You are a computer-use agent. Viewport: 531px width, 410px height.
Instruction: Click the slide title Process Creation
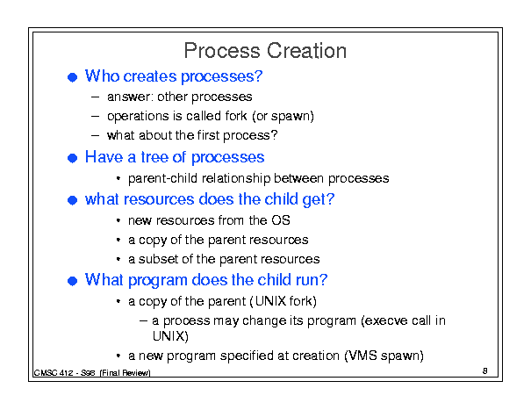[265, 51]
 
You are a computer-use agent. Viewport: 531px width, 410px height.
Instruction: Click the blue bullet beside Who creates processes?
[73, 77]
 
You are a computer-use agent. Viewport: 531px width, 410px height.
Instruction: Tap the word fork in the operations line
[236, 116]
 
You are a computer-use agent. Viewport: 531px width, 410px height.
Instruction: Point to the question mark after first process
[274, 135]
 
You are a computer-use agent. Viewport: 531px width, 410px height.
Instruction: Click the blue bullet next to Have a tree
[73, 158]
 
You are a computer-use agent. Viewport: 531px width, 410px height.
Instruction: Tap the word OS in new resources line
[280, 220]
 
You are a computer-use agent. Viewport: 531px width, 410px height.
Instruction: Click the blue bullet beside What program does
[73, 281]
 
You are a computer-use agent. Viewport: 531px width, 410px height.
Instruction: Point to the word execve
[384, 320]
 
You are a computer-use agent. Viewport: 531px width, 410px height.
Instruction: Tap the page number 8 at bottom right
[485, 370]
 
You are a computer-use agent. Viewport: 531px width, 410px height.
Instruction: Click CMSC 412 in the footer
[54, 373]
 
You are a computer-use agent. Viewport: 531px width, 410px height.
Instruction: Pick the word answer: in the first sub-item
[131, 97]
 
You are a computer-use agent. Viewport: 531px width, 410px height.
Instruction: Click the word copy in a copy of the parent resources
[153, 241]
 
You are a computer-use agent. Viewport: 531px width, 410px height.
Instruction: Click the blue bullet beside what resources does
[73, 200]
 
